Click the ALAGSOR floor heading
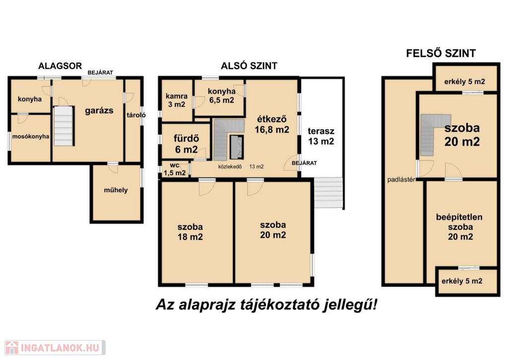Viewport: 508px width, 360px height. coord(60,66)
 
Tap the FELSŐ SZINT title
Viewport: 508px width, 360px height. coord(441,53)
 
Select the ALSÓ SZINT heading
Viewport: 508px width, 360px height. coord(249,66)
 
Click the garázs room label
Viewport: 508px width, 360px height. coord(99,111)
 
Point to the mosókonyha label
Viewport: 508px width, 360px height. coord(31,136)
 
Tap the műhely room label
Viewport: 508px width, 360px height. coord(116,190)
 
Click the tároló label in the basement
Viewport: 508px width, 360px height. coord(136,115)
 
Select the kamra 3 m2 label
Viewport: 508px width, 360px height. coord(177,100)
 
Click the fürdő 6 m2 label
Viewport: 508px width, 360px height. coord(187,144)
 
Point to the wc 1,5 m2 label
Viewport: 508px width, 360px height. coord(175,169)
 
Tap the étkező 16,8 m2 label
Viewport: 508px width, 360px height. coord(272,124)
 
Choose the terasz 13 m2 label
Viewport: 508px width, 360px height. coord(321,136)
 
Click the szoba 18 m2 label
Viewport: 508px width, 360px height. coord(190,232)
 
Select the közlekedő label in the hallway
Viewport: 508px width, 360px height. coord(230,167)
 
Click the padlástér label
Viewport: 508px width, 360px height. coord(401,180)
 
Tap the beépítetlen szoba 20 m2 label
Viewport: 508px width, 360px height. coord(460,227)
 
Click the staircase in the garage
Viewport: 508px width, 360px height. coord(63,126)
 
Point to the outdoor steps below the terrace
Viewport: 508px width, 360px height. coord(328,193)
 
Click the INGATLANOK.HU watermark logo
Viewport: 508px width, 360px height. coord(55,348)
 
